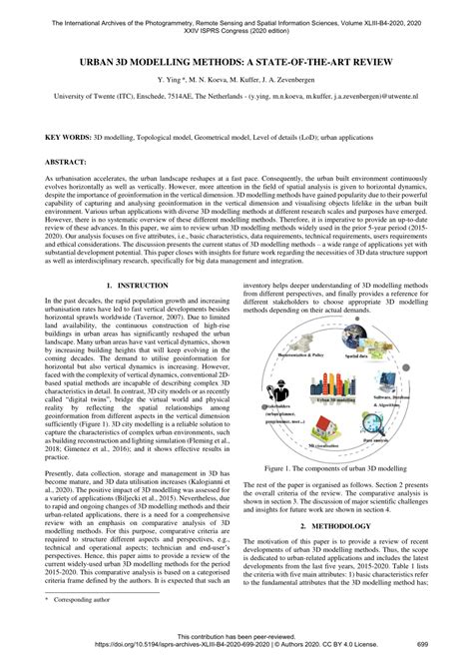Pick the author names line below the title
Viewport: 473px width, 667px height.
[x=236, y=81]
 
